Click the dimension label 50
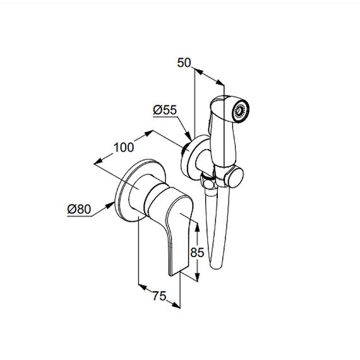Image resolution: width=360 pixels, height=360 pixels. point(184,63)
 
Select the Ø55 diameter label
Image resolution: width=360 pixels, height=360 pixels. point(165,110)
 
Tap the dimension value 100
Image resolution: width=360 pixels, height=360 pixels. point(124,147)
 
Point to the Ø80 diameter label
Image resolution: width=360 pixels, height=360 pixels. point(79,209)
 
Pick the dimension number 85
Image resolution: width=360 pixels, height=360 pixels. point(197,253)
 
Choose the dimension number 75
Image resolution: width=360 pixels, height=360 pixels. point(159,296)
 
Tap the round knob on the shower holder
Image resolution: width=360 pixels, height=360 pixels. point(234,177)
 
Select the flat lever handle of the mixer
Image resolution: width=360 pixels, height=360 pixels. point(178,234)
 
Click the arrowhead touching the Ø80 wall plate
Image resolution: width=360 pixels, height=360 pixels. point(111,205)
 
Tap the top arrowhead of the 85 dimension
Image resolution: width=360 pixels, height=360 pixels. point(197,226)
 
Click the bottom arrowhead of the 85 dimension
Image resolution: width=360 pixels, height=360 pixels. point(197,276)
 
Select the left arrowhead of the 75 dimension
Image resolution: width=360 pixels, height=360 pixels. point(143,287)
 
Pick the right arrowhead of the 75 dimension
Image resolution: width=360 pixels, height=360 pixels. point(176,305)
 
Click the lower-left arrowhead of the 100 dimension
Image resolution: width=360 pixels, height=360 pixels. point(98,161)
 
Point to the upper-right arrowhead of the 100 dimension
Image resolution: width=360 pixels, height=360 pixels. point(148,133)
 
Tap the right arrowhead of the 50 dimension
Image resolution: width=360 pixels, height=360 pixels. point(220,82)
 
